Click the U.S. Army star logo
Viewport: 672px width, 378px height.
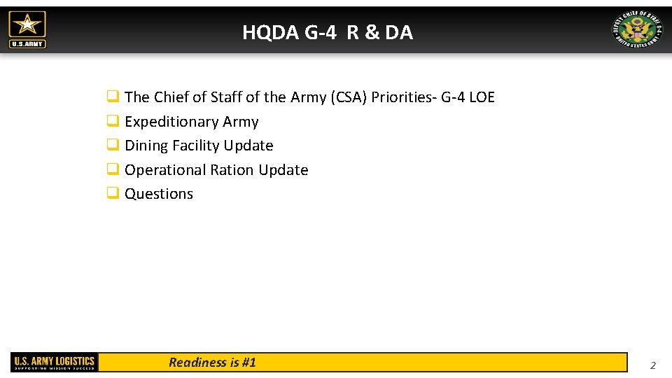[x=27, y=29]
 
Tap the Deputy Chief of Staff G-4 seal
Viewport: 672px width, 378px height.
[x=636, y=30]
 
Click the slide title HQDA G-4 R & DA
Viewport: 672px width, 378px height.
[x=328, y=32]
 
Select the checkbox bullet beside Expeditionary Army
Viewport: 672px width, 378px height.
[x=112, y=122]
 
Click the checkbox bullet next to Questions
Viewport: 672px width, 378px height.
[x=112, y=194]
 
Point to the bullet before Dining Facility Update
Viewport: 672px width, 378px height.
[x=112, y=146]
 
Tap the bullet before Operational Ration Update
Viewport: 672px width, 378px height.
[x=112, y=170]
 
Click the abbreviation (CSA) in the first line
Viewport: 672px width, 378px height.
[x=348, y=97]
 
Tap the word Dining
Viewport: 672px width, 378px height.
[x=146, y=146]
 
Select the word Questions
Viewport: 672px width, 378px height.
[x=159, y=194]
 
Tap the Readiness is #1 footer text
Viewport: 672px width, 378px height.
[x=212, y=362]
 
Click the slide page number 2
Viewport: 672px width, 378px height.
[x=652, y=365]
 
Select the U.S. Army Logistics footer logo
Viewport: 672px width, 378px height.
[x=54, y=362]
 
